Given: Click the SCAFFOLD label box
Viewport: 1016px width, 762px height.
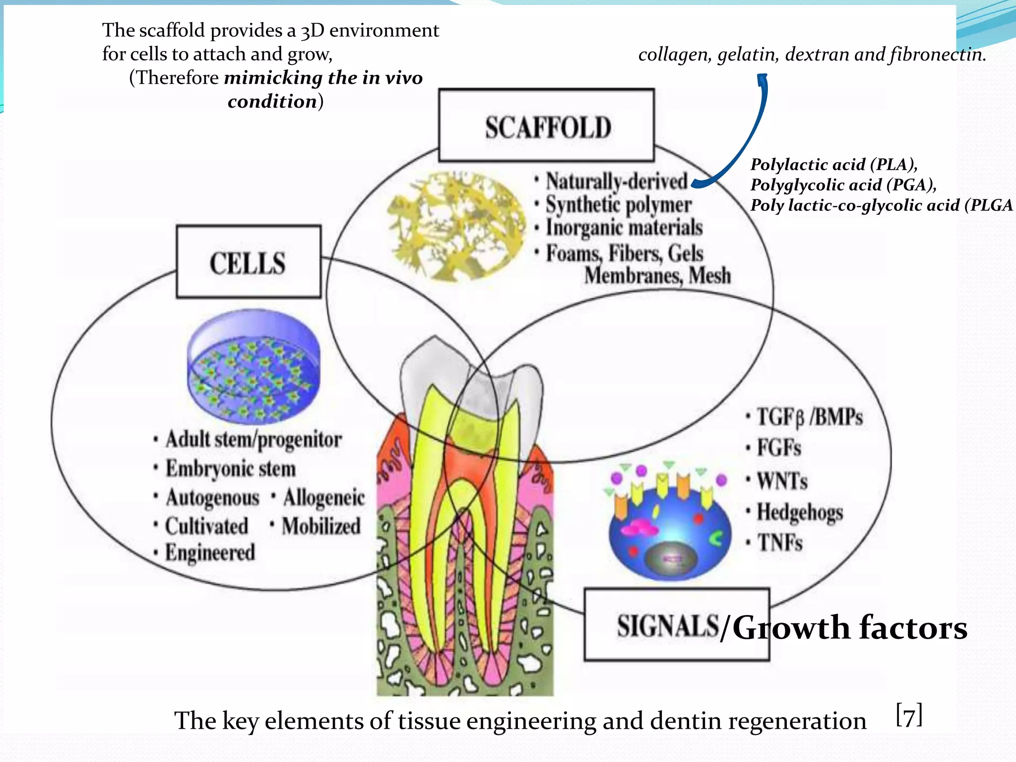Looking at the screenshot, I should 547,126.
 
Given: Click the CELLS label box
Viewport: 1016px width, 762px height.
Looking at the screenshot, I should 249,262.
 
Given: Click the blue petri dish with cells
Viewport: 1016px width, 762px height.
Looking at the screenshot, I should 254,367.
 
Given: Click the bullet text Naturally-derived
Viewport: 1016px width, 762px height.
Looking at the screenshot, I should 617,182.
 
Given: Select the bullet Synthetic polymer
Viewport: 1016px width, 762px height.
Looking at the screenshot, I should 618,205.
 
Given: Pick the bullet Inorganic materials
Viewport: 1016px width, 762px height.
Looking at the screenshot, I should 624,228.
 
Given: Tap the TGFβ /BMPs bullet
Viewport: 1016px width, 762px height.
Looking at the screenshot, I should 809,417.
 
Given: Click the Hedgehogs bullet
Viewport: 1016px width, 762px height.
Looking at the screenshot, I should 799,512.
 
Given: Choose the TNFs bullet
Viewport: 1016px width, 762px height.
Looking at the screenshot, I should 779,542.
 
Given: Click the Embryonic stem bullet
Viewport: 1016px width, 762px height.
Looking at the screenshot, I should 230,469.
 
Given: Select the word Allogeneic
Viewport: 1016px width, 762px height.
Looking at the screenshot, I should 323,498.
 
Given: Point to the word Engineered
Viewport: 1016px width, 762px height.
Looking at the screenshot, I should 210,552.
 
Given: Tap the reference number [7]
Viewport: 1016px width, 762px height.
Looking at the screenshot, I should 909,715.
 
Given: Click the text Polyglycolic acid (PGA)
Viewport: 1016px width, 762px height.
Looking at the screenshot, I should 842,185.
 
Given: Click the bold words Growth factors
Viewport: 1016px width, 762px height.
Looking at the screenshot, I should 849,628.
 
